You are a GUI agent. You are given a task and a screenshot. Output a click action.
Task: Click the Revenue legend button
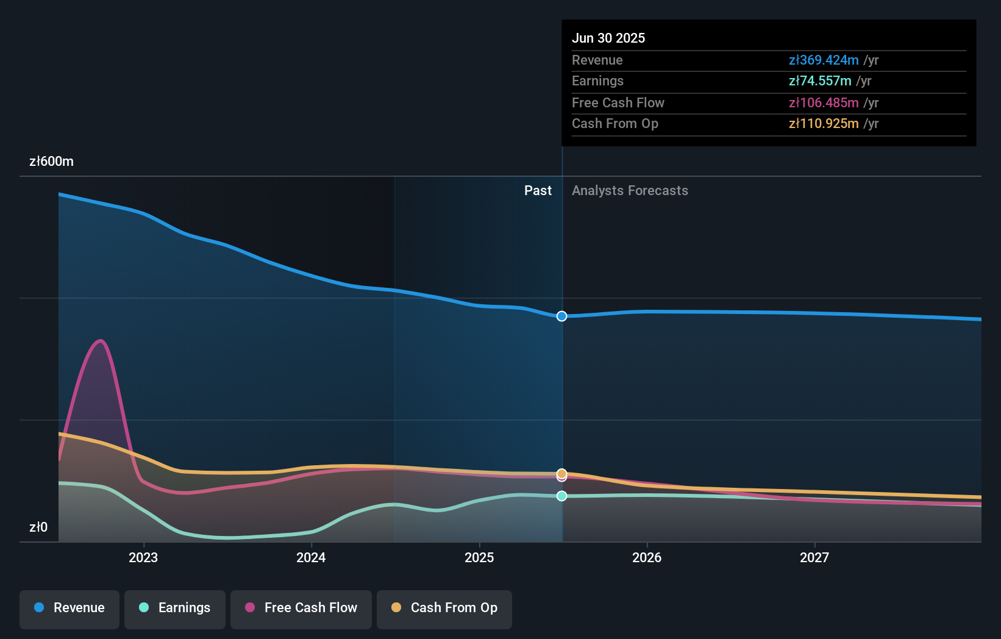point(69,608)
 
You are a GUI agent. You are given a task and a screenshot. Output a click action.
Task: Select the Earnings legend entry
point(175,608)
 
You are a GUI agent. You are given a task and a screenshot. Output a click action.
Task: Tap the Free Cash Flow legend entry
point(301,608)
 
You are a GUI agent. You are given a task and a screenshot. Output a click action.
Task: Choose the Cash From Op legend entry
point(444,608)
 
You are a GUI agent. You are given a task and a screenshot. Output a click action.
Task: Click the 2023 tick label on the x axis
point(143,558)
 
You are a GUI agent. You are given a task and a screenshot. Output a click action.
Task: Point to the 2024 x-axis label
point(311,558)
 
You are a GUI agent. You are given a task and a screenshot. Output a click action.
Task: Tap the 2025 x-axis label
point(479,558)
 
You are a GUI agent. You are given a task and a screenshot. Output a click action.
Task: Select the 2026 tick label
point(647,558)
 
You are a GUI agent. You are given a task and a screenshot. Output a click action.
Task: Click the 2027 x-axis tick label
point(814,558)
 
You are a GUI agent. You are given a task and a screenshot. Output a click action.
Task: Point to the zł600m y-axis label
point(51,162)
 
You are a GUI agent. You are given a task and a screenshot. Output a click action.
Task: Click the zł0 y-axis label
point(38,527)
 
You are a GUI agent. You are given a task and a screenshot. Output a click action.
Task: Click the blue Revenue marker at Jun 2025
point(561,316)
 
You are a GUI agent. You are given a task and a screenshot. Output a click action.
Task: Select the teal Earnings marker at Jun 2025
point(561,496)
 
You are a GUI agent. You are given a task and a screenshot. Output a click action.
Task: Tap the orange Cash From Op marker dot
point(561,473)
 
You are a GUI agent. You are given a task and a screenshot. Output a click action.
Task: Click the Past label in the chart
point(538,191)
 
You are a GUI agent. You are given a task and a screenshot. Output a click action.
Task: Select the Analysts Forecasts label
point(630,191)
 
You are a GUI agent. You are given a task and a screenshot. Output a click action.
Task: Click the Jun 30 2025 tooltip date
point(608,38)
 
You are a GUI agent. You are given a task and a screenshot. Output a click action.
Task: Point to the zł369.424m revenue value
point(824,60)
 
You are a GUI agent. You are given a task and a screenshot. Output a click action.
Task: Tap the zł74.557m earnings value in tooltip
point(820,81)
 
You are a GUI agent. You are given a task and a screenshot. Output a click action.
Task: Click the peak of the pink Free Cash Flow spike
point(101,340)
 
